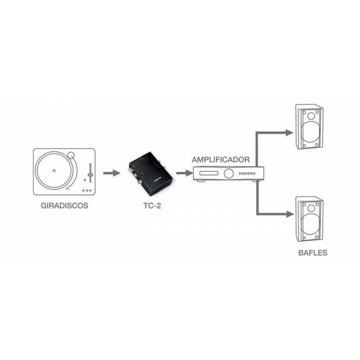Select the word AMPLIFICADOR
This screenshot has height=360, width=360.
click(220, 160)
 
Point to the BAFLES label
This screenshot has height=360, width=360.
click(312, 253)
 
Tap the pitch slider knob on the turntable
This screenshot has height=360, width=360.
click(90, 175)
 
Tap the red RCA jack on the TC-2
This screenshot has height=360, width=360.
click(140, 183)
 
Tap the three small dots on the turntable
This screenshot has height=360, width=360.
click(88, 191)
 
